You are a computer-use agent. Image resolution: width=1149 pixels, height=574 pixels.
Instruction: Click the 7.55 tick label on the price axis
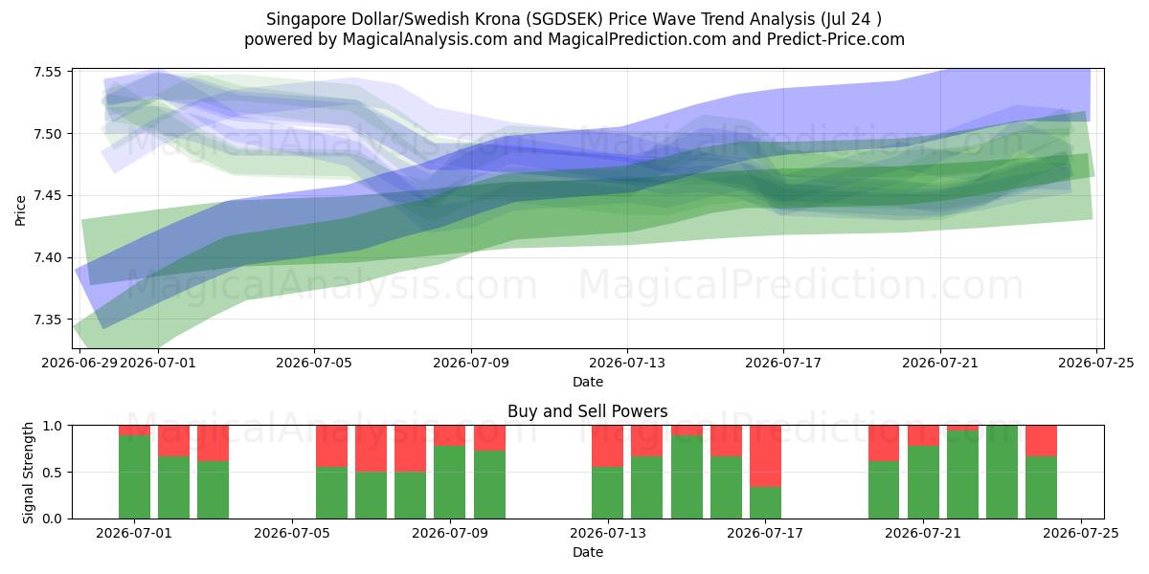[x=47, y=72]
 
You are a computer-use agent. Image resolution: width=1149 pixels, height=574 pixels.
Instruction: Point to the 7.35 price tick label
[x=47, y=320]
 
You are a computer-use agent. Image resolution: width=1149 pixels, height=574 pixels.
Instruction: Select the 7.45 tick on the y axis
[x=47, y=196]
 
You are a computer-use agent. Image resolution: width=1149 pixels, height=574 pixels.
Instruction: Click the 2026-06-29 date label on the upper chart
[x=79, y=363]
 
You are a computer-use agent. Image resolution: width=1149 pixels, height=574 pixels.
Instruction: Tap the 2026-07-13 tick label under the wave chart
[x=627, y=363]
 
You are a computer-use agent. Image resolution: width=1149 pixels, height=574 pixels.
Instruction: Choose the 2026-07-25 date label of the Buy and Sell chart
[x=1081, y=533]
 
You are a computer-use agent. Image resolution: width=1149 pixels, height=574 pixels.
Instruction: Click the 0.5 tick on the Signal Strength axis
[x=52, y=472]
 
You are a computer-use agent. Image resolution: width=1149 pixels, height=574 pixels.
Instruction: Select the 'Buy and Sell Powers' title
[x=587, y=411]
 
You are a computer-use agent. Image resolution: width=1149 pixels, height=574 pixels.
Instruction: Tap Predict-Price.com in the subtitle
[x=836, y=39]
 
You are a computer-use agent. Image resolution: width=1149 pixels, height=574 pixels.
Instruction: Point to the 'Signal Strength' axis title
[x=28, y=473]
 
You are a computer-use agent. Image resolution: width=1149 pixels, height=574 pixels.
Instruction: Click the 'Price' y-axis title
[x=20, y=210]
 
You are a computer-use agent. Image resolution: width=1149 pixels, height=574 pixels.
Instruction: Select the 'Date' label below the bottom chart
[x=588, y=552]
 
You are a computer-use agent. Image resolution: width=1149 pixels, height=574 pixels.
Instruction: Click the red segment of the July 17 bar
[x=765, y=456]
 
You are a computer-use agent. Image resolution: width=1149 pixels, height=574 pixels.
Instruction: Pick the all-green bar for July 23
[x=1002, y=472]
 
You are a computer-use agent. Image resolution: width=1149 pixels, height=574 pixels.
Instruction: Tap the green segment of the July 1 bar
[x=134, y=477]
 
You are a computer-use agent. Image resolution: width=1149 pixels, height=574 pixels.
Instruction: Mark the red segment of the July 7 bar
[x=371, y=449]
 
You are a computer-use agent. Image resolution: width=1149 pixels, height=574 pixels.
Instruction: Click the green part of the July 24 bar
[x=1042, y=487]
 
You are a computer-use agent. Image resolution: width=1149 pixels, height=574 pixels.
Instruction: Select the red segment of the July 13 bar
[x=607, y=446]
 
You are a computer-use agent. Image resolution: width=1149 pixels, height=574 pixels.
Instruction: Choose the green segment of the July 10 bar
[x=489, y=485]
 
